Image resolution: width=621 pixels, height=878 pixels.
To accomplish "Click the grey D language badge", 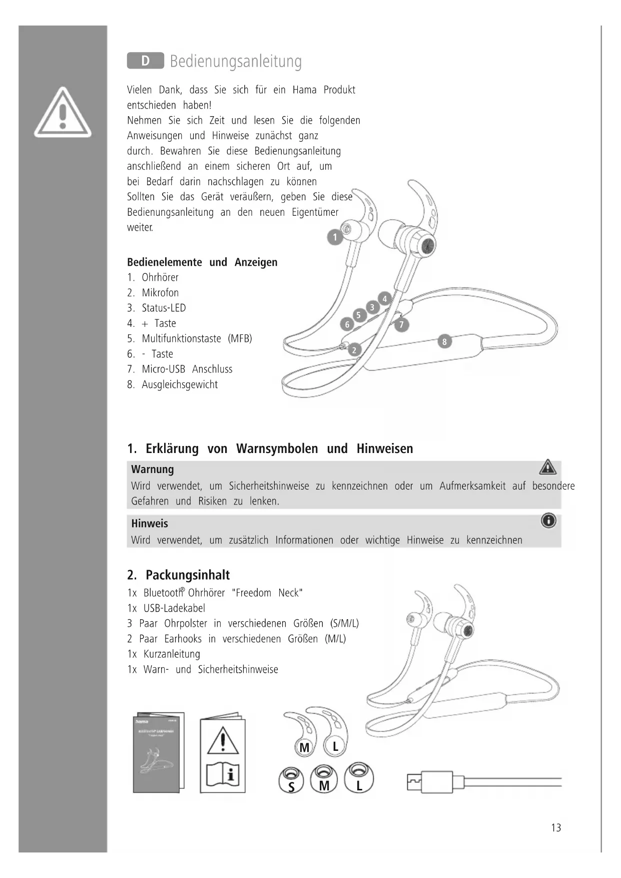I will point(145,61).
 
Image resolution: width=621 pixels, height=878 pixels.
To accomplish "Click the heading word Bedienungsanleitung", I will point(236,62).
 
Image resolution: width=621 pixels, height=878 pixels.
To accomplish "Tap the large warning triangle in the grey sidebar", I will point(63,113).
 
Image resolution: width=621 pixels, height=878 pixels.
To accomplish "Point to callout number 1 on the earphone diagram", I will point(335,237).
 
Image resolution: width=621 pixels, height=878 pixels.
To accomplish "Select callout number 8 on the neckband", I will point(444,342).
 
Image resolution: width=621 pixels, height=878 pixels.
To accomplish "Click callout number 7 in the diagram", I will point(401,325).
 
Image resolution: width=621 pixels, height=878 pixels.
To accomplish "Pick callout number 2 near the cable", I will point(354,350).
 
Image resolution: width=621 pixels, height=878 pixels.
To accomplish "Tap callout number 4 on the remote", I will point(384,299).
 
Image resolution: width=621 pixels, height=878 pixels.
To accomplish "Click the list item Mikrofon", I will point(160,293).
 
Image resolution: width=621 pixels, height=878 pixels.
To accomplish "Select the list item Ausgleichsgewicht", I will point(180,384).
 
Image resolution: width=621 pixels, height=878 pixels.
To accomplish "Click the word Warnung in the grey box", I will point(153,470).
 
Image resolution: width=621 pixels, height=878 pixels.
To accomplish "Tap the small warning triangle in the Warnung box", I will point(548,468).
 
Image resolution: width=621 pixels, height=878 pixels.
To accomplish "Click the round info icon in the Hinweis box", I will point(548,521).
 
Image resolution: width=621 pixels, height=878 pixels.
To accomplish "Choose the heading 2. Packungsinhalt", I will point(179,575).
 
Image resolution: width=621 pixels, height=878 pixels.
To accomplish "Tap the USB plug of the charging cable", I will point(430,782).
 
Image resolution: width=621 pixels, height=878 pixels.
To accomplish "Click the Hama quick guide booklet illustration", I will point(158,752).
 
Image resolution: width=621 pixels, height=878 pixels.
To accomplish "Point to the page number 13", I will point(556,828).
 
